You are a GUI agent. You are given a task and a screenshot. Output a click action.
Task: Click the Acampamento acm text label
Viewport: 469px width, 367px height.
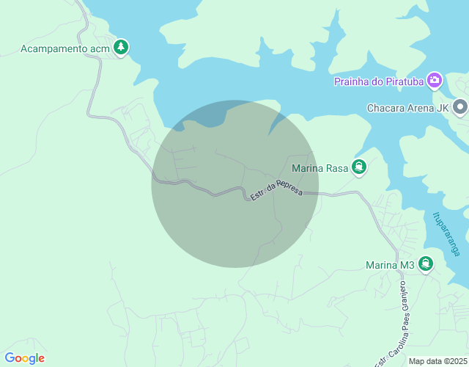[65, 49]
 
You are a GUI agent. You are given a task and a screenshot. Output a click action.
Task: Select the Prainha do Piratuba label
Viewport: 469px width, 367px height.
[378, 81]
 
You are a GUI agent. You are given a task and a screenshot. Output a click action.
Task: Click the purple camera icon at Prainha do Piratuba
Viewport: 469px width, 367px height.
[435, 79]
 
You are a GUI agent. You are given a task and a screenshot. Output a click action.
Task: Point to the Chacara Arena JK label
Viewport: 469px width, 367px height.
[407, 109]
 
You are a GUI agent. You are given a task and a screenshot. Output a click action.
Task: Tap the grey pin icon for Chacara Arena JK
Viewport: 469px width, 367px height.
[460, 108]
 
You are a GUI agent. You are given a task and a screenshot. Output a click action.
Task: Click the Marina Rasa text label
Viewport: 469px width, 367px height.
[319, 168]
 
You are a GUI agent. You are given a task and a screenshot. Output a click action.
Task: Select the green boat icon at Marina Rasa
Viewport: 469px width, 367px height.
[359, 167]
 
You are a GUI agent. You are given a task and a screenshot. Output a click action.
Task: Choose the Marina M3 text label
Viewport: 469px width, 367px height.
[391, 265]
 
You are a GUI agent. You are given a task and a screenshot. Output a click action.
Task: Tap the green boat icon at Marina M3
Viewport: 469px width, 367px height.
[426, 264]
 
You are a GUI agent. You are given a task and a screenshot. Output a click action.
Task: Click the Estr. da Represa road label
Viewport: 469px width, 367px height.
[276, 189]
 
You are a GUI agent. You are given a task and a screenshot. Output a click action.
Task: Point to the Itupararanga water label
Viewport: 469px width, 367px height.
[446, 234]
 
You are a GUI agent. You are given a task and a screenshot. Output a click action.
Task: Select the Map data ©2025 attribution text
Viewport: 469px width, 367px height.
[437, 361]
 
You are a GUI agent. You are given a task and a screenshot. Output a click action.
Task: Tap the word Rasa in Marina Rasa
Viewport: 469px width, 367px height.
[335, 168]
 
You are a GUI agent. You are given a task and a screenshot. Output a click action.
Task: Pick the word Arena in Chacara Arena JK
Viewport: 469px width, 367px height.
[421, 109]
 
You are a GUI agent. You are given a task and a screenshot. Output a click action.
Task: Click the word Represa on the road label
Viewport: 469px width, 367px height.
[288, 187]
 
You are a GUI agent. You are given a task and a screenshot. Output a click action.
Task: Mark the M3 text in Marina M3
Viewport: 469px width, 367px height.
[407, 265]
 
